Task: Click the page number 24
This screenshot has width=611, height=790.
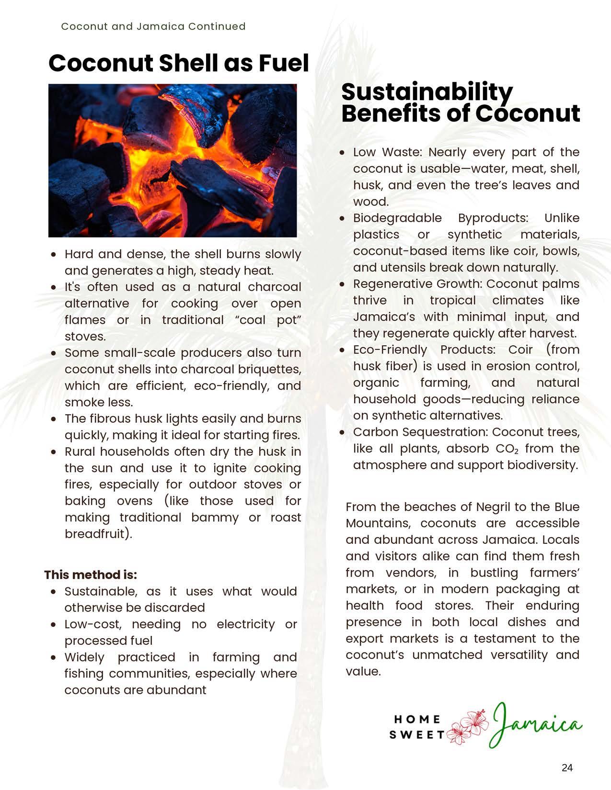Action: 567,768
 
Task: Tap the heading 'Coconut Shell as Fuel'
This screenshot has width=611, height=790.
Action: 178,63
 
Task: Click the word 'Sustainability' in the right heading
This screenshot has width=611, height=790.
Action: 427,91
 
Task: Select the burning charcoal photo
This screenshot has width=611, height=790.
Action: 173,160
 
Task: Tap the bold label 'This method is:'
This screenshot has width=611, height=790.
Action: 91,575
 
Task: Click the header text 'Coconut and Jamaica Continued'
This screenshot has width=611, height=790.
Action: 153,26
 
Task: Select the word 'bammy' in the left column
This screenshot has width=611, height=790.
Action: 215,518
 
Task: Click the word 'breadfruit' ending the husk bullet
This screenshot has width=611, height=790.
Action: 95,534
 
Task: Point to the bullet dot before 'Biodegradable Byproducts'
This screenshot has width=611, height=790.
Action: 342,218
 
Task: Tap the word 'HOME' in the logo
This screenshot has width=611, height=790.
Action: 417,719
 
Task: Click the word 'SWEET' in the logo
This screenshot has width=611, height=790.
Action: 417,735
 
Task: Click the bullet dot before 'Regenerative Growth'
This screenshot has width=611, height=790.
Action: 342,284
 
